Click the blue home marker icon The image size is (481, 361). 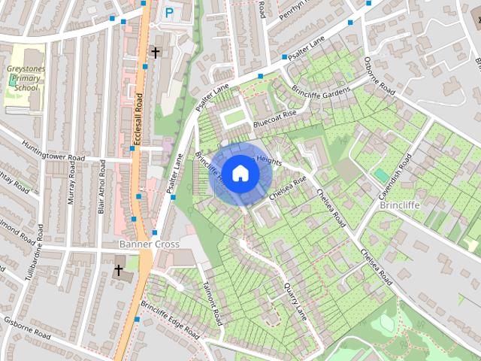[x=240, y=173]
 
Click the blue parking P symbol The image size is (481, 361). [x=169, y=13]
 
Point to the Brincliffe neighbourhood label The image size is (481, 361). [x=403, y=205]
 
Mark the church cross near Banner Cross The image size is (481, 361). [x=118, y=269]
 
